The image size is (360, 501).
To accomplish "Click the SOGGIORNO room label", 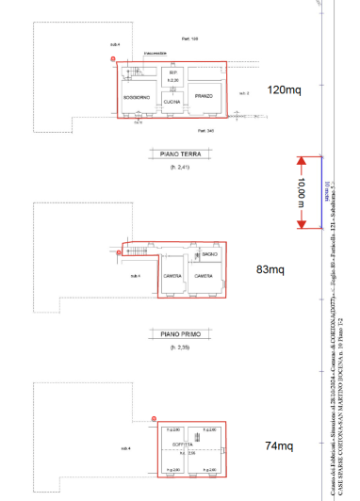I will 138,97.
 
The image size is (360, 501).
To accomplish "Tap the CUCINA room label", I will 172,101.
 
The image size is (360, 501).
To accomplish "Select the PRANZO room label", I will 205,96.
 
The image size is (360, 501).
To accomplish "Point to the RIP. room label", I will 172,73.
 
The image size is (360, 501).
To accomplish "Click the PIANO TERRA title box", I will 172,151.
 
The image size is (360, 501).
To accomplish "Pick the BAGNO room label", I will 209,255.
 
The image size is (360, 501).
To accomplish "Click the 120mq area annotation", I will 284,90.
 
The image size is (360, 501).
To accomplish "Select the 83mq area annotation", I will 270,269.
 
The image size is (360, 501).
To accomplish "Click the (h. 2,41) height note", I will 172,167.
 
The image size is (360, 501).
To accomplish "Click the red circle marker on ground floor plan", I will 114,60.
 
